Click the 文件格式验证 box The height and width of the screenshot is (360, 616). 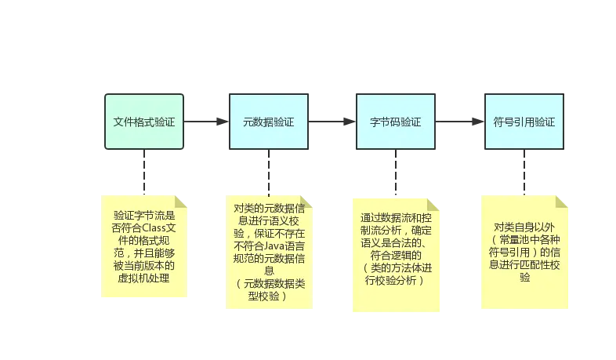144,122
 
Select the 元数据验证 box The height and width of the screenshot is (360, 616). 269,122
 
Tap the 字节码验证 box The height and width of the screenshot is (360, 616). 396,122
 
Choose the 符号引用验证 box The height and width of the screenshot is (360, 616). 524,122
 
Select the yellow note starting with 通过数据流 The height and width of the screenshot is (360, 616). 396,250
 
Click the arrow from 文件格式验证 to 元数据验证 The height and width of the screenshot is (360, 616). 205,123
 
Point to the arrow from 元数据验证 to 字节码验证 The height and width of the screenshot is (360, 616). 332,123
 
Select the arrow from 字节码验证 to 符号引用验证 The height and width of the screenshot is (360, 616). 459,123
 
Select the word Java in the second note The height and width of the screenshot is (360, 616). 277,246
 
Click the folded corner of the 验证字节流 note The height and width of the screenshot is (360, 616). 181,201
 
